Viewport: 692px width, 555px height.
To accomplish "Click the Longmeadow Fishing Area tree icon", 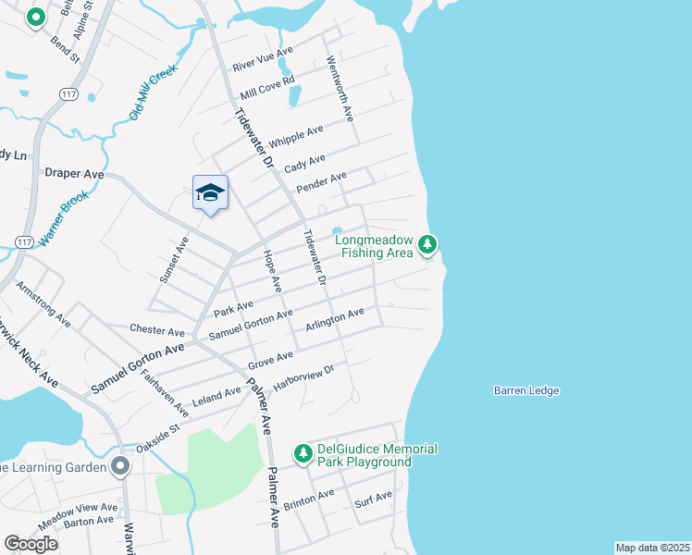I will [426, 244].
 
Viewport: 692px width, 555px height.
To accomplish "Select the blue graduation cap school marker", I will [210, 192].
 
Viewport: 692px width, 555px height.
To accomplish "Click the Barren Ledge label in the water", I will [526, 390].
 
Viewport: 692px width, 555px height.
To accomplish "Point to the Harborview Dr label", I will [303, 376].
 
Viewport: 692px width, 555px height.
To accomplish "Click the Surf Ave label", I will [374, 501].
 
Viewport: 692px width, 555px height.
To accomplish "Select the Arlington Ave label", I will [334, 321].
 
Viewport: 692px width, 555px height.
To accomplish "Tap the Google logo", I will [31, 544].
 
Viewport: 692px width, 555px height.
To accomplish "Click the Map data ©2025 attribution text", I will [652, 548].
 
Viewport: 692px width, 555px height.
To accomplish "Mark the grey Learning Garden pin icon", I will [119, 465].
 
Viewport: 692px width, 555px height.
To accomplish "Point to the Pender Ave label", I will [321, 181].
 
